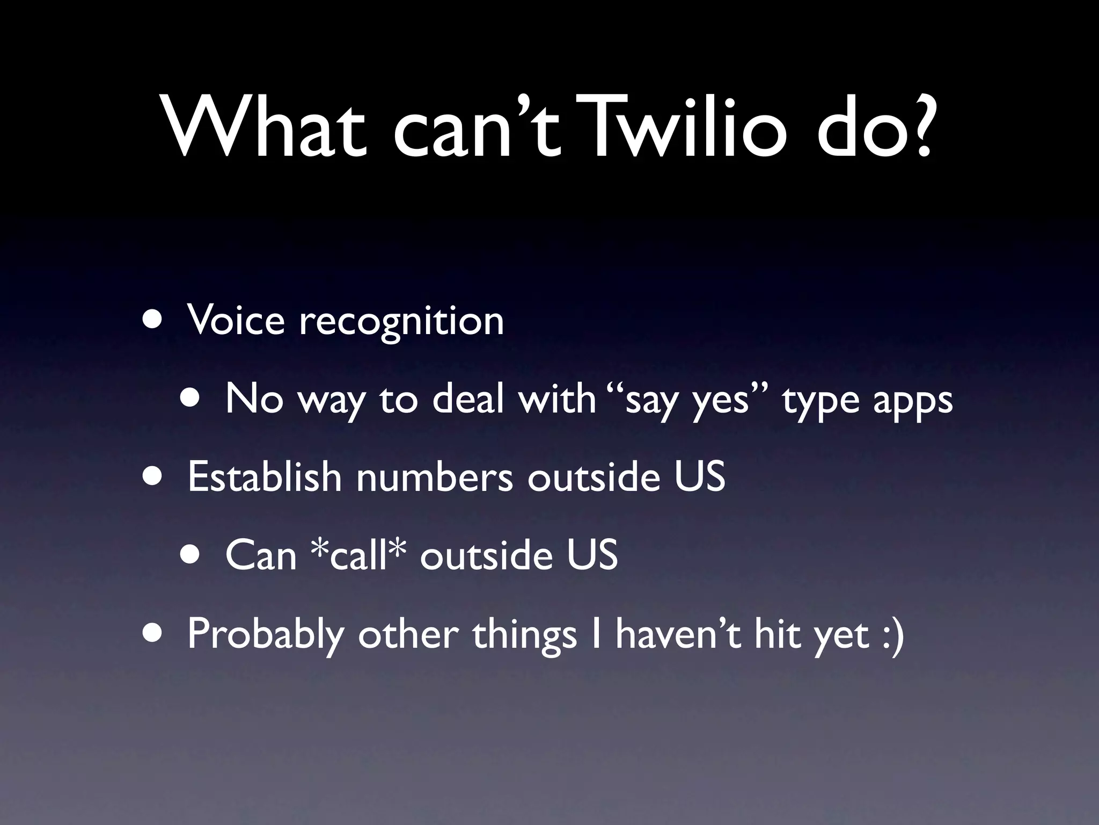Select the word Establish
(x=265, y=476)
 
